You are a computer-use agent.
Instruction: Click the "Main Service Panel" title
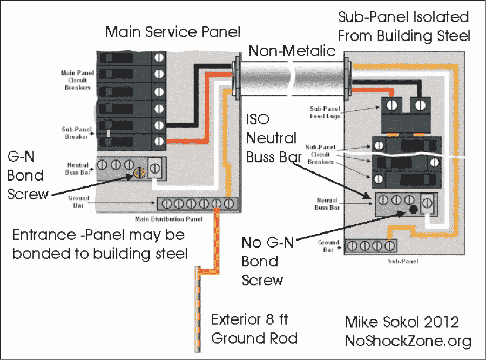click(173, 31)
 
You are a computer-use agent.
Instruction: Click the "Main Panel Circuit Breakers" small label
click(76, 79)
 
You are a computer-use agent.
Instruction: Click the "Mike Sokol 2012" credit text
click(402, 322)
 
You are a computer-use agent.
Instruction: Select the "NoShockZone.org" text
click(408, 341)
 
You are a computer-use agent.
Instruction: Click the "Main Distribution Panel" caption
click(169, 219)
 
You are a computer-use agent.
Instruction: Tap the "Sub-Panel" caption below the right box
click(403, 261)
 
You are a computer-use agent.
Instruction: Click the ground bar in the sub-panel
click(370, 246)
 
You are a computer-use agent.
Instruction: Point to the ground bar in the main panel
click(197, 204)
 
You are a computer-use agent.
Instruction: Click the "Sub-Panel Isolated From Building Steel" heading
click(404, 26)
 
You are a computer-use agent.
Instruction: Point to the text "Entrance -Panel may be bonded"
click(98, 236)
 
